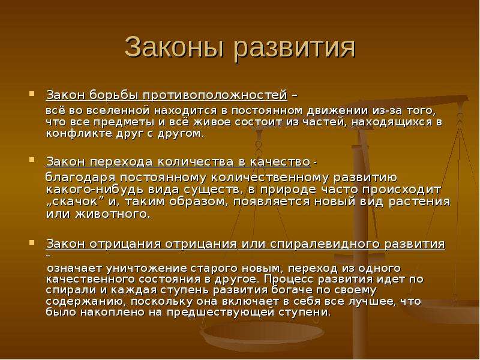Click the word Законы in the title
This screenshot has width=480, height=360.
click(174, 47)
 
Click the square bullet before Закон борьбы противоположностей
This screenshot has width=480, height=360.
click(32, 94)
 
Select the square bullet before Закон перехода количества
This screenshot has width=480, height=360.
click(32, 160)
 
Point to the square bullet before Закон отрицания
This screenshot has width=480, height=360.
click(32, 242)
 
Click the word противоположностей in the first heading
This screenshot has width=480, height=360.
click(215, 95)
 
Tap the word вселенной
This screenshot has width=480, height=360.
click(118, 110)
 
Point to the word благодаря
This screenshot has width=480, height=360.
click(80, 178)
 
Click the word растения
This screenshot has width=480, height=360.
click(419, 202)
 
